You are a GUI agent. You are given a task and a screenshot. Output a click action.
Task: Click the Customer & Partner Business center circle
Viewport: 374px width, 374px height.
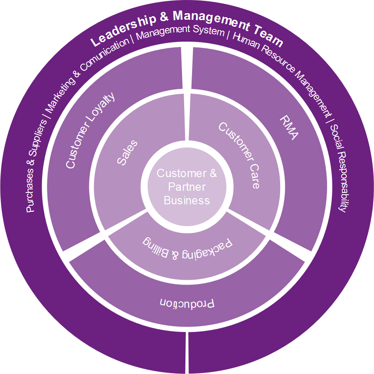[x=187, y=187]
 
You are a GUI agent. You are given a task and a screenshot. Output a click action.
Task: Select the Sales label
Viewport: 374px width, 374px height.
[x=127, y=152]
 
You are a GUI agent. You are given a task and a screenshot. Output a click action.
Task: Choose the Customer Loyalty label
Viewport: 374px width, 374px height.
[x=91, y=130]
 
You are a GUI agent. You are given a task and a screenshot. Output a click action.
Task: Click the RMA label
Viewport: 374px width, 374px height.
[x=289, y=128]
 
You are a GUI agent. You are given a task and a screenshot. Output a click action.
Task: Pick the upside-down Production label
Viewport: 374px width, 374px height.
[x=187, y=303]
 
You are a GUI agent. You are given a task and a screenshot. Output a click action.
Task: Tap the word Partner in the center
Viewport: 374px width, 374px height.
[x=187, y=187]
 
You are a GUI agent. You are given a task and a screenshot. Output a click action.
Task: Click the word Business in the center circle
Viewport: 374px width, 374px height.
[x=187, y=201]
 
